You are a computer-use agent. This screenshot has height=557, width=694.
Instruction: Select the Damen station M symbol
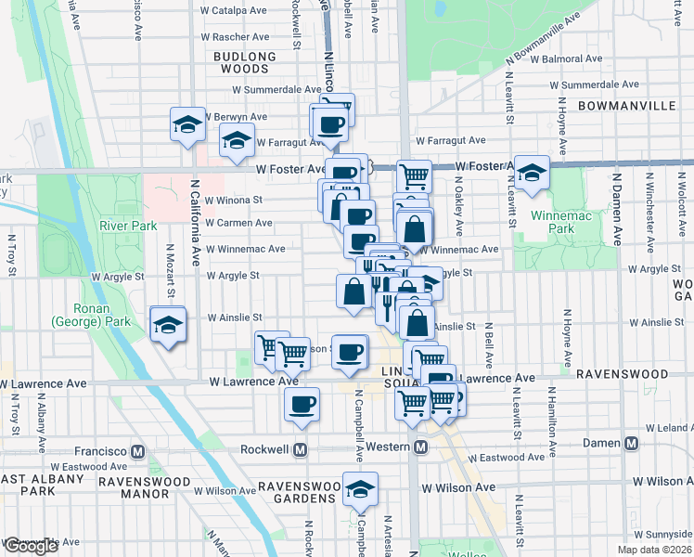click(631, 443)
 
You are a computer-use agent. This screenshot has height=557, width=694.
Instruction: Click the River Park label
click(130, 225)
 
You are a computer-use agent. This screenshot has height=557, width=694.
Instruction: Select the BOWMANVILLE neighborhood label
click(626, 106)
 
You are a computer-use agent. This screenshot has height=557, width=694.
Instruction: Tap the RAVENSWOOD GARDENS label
click(296, 492)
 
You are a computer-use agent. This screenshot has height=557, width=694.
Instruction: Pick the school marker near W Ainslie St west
click(168, 325)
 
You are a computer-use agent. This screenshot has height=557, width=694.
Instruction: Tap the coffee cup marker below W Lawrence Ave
click(301, 405)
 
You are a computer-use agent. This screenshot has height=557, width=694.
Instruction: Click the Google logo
click(31, 546)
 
